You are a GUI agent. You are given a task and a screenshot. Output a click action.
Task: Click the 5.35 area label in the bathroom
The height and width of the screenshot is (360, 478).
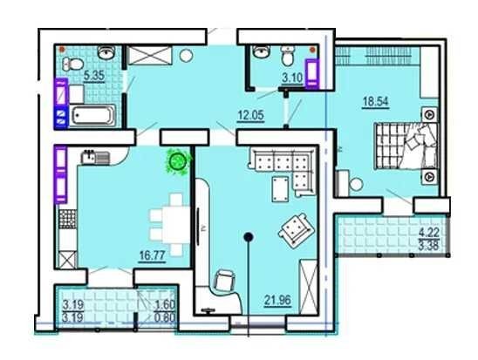pyautogui.click(x=94, y=75)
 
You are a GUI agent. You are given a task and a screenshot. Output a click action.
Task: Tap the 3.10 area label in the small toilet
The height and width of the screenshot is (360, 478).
pyautogui.click(x=292, y=78)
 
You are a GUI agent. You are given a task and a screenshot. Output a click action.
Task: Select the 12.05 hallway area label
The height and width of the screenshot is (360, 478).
pyautogui.click(x=250, y=116)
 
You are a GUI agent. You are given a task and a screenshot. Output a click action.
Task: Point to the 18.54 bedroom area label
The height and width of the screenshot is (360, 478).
pyautogui.click(x=376, y=101)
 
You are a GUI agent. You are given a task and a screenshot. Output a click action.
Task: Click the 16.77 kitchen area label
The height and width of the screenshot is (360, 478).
pyautogui.click(x=152, y=255)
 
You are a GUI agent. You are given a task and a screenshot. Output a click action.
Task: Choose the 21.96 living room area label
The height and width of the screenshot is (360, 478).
pyautogui.click(x=277, y=301)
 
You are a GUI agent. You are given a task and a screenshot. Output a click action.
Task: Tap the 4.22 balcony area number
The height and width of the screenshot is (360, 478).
pyautogui.click(x=429, y=233)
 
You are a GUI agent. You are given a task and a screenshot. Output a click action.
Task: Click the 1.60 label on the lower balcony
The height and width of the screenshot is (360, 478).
pyautogui.click(x=165, y=304)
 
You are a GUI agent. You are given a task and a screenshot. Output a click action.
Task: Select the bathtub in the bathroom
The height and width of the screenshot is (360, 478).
pyautogui.click(x=92, y=115)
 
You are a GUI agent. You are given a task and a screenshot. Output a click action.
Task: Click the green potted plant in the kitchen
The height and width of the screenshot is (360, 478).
pyautogui.click(x=178, y=161)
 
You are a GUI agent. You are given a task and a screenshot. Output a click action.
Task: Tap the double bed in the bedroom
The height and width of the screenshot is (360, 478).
pyautogui.click(x=406, y=146)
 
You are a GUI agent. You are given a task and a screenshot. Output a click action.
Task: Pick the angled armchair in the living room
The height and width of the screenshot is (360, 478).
pyautogui.click(x=296, y=229)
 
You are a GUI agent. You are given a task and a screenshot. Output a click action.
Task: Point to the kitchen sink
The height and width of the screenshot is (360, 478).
pyautogui.click(x=94, y=157)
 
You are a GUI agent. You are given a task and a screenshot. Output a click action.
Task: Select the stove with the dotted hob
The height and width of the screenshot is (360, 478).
pyautogui.click(x=67, y=219)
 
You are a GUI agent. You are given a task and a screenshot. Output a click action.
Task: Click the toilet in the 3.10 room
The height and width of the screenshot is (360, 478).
pyautogui.click(x=287, y=57)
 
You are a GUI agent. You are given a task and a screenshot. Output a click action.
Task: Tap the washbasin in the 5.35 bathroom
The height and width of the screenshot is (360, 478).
pyautogui.click(x=106, y=52)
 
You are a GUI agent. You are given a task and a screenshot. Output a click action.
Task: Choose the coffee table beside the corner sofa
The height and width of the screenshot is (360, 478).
pyautogui.click(x=281, y=189)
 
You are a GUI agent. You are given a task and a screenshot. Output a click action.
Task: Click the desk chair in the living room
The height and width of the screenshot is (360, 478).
pyautogui.click(x=225, y=281)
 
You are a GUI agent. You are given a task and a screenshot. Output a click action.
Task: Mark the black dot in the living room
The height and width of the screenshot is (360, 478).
pyautogui.click(x=249, y=236)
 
